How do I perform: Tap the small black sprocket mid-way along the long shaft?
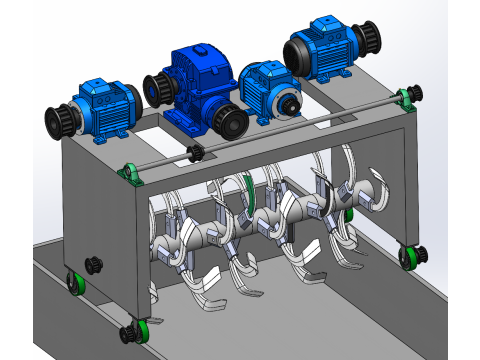196,153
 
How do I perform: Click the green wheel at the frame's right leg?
409,256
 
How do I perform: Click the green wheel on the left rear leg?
73,283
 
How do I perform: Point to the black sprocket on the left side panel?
94,264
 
